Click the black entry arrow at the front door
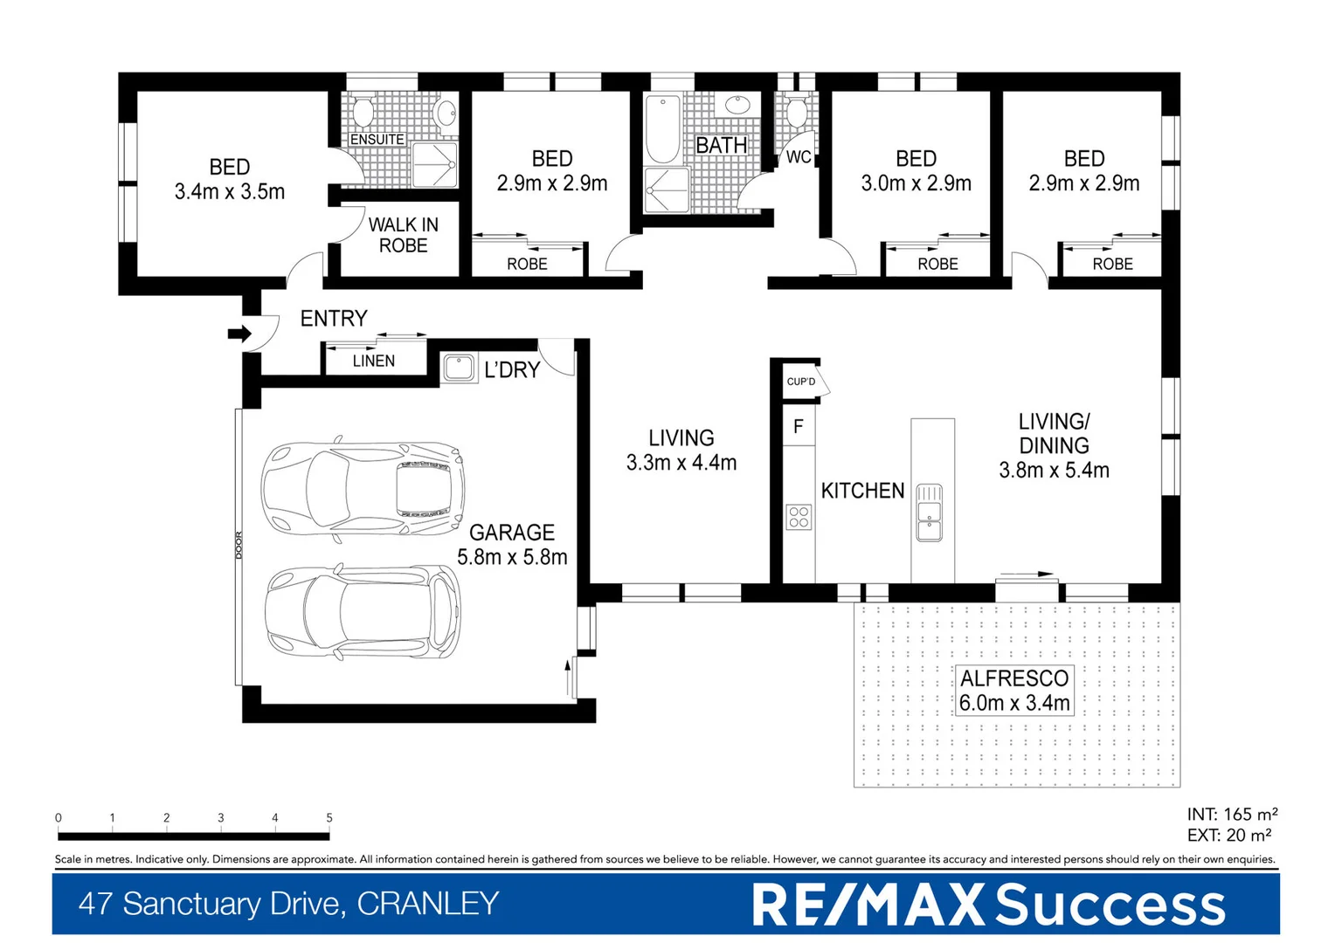click(239, 334)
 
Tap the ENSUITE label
click(377, 140)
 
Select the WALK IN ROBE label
click(403, 235)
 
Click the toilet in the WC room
click(796, 113)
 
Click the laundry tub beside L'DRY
click(459, 368)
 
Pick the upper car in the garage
click(363, 488)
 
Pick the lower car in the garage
click(363, 611)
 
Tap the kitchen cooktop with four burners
click(799, 517)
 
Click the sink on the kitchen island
click(929, 513)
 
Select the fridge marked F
click(798, 426)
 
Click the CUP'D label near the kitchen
click(801, 382)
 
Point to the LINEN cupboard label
click(374, 361)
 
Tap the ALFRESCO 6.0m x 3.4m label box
click(1014, 691)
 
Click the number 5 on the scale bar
click(329, 818)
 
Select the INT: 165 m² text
click(1231, 815)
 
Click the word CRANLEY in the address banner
click(427, 904)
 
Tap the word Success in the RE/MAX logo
click(1110, 905)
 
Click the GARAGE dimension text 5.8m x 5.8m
click(512, 557)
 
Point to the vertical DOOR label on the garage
click(239, 545)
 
